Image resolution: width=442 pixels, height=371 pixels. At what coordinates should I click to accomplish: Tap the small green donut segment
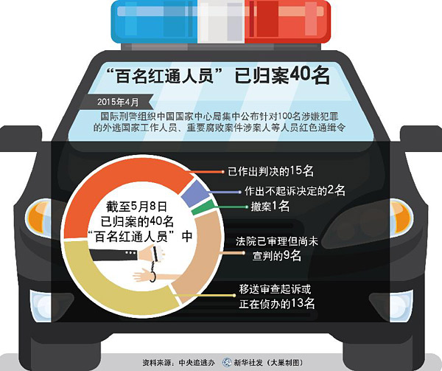203,207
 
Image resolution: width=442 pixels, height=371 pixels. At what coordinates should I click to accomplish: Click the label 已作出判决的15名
270,171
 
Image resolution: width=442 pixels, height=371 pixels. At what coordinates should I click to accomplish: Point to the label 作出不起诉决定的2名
295,191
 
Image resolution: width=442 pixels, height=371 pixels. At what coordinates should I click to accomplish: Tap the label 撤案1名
270,207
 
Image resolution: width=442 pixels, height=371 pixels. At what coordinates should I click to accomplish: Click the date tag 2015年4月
118,102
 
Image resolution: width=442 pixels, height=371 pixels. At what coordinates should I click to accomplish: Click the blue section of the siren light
155,22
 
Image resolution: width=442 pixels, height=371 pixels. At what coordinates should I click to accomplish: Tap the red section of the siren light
287,22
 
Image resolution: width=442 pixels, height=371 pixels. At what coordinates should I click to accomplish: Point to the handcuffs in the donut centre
155,264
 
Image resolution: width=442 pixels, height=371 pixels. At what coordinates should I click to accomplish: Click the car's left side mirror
21,138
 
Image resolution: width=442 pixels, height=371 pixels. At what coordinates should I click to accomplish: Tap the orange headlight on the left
39,217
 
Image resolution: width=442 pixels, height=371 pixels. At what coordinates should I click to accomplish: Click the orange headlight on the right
402,217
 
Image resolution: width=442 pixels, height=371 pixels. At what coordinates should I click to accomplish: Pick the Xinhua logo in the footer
227,362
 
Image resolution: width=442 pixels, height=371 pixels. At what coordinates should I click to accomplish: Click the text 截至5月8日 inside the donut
136,207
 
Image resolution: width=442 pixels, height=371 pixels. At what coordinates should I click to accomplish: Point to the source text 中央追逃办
197,363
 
